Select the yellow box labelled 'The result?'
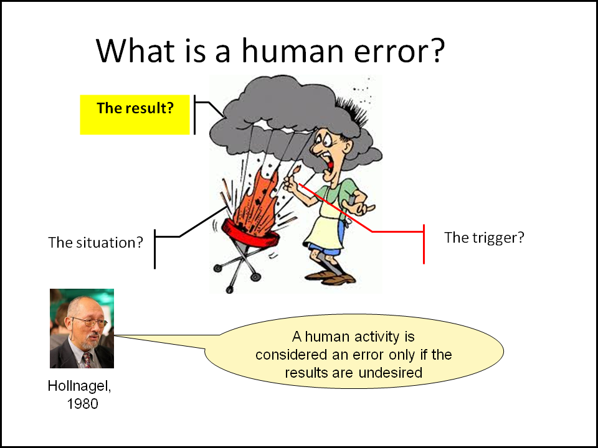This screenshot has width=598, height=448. click(135, 114)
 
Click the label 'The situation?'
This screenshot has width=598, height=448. click(95, 242)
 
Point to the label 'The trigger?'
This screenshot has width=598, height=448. click(484, 237)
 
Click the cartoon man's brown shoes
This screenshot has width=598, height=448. click(331, 277)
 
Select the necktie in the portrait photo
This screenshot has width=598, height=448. click(87, 360)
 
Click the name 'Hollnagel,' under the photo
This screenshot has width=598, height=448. click(79, 386)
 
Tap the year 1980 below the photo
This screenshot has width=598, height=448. click(82, 404)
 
